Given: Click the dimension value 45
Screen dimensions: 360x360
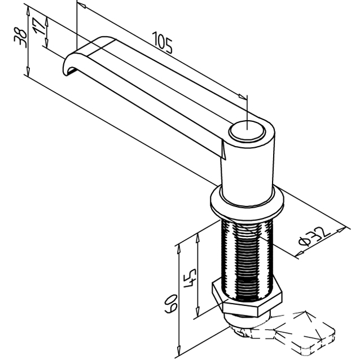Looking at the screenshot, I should (190, 276).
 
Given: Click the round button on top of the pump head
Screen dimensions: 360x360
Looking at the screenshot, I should (246, 133).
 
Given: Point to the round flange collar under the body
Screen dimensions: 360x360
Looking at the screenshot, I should (247, 203).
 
